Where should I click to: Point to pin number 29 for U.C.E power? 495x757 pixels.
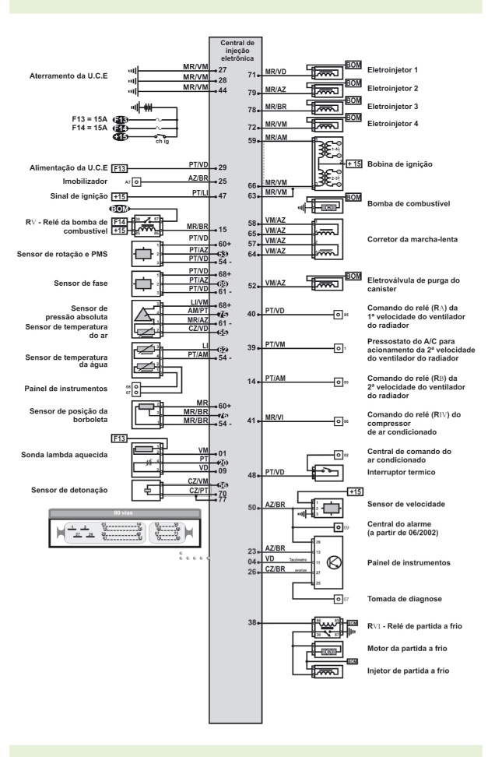pos(223,167)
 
